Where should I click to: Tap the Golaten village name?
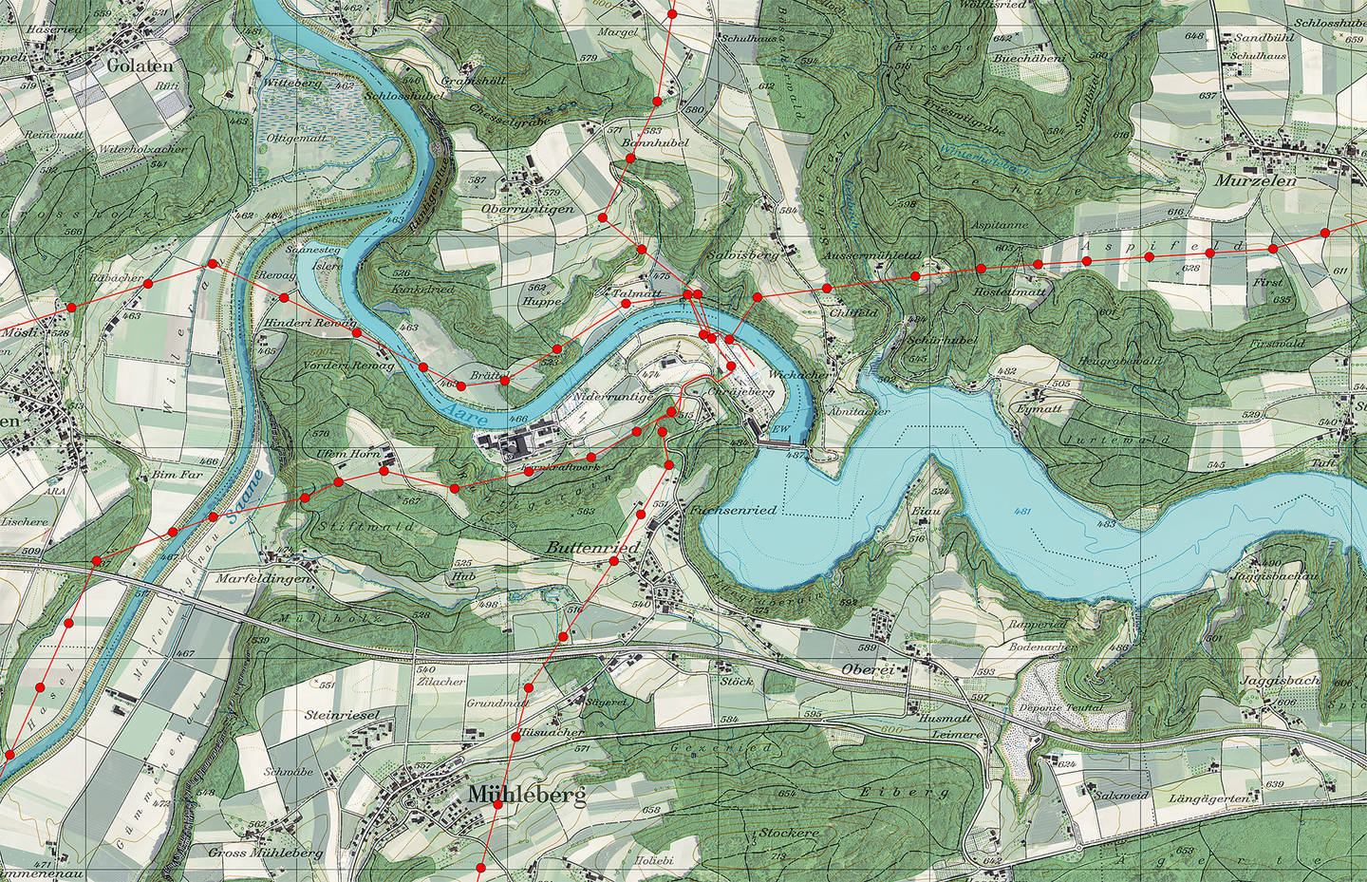[140, 66]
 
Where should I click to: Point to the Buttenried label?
[592, 549]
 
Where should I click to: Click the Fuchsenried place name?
[735, 510]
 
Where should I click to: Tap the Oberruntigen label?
[528, 209]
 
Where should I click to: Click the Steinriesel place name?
[342, 714]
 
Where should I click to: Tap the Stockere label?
[788, 833]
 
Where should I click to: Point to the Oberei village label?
[868, 669]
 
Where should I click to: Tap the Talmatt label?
[637, 294]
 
